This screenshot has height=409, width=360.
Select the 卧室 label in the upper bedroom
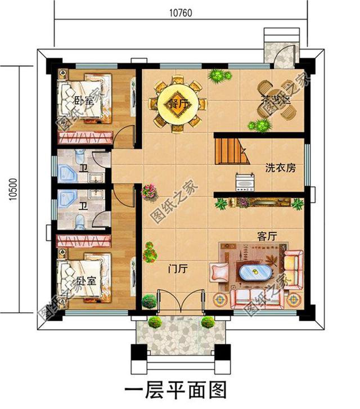coord(83,101)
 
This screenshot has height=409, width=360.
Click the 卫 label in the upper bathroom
coord(83,167)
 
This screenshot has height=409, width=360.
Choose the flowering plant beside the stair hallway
coord(148,191)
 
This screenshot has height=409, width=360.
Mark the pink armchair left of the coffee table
coord(218,273)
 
